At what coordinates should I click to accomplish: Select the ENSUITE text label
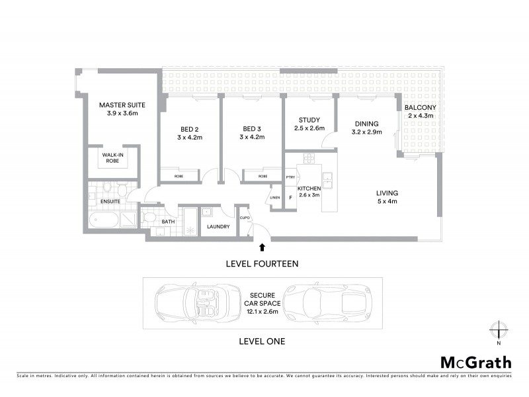click(x=110, y=200)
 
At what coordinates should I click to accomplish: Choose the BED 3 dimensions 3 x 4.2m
click(x=253, y=137)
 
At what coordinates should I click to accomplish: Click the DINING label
click(x=366, y=124)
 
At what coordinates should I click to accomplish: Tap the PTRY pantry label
click(x=290, y=177)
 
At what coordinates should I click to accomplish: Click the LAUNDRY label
click(x=218, y=227)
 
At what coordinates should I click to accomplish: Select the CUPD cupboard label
click(x=244, y=217)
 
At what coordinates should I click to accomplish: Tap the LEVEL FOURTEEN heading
click(x=262, y=263)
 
